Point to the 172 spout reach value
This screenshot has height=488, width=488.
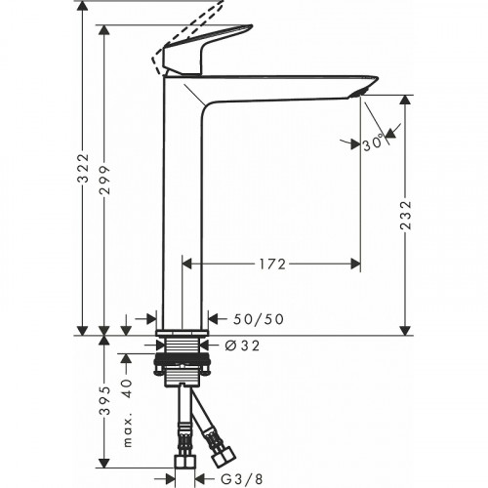coord(272,264)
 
